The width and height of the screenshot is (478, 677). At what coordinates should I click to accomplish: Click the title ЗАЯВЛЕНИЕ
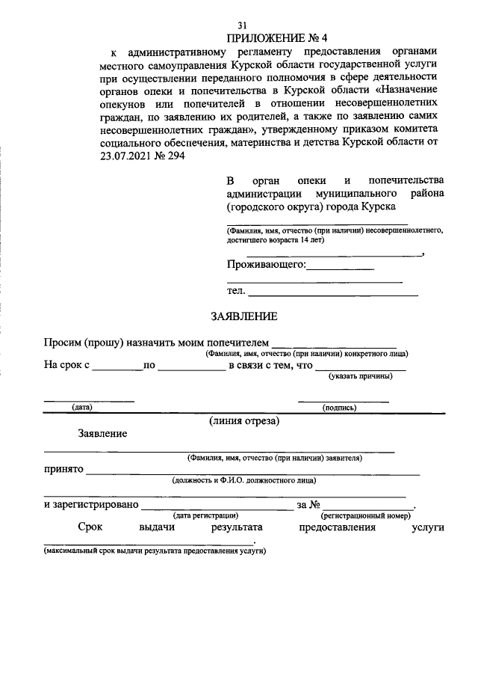coord(243,316)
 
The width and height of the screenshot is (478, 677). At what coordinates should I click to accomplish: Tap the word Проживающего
coord(266,264)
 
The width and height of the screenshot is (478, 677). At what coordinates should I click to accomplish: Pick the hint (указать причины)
coord(361,376)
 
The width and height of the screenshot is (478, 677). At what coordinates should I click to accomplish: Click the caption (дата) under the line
coord(81,408)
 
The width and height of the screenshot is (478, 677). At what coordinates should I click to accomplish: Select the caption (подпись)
coord(338,408)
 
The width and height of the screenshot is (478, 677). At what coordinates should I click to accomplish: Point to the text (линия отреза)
coord(244,421)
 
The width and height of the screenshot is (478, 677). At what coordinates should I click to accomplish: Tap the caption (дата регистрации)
coord(205,515)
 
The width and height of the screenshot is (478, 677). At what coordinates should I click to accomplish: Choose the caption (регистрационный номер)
coord(366,515)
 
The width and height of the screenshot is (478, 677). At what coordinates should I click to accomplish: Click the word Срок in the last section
coord(90,527)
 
